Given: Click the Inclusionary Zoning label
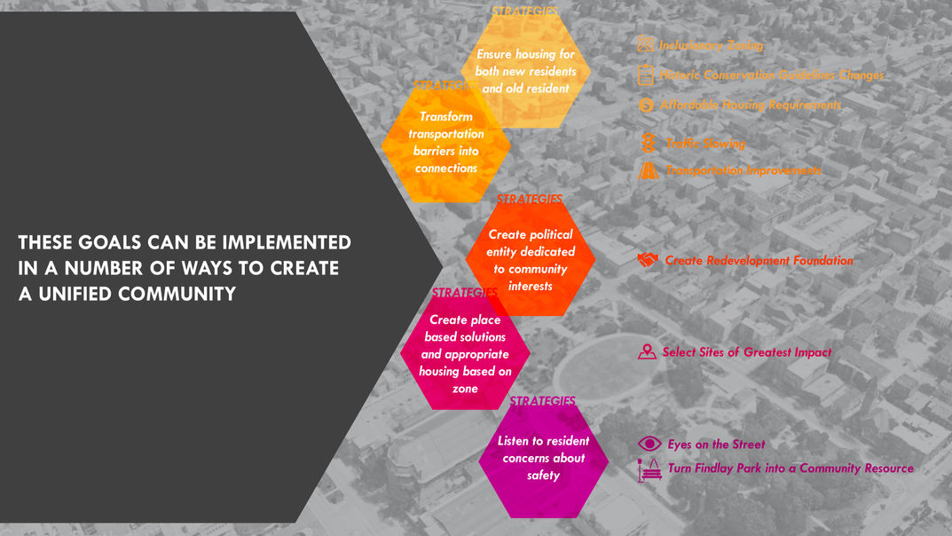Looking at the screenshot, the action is (710, 45).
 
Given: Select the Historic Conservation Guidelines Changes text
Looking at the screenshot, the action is (771, 75).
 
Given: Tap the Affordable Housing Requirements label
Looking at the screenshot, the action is (750, 105).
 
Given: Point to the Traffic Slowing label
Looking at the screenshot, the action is (704, 143).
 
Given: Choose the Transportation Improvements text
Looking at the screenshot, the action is (743, 170).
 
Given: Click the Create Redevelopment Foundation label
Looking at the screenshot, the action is (759, 261).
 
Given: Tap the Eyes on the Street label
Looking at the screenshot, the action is (715, 445).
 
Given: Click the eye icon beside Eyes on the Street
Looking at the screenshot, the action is (649, 444).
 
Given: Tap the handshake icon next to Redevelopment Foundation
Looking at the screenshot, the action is (648, 260).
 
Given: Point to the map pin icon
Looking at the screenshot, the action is (648, 352).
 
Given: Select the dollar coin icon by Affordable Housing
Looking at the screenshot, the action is (646, 105).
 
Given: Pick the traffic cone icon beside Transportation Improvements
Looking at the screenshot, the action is (649, 170).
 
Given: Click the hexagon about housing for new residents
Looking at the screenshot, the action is (525, 72).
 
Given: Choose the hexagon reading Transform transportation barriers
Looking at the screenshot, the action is (446, 142).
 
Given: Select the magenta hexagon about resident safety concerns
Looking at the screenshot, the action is (543, 459).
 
